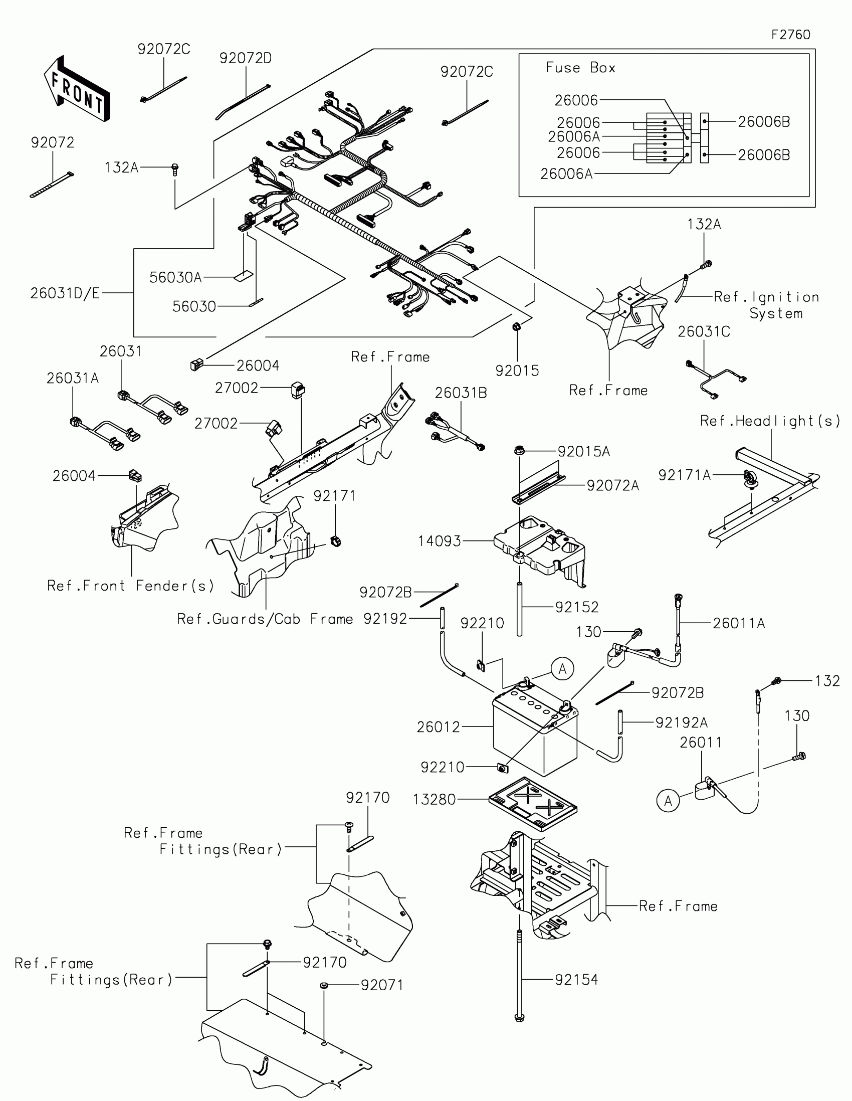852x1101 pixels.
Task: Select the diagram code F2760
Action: click(790, 35)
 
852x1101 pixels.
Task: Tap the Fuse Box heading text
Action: click(580, 68)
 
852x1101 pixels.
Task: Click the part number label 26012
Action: click(439, 727)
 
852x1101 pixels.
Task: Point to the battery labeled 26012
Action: click(534, 736)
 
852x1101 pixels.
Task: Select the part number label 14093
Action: click(440, 541)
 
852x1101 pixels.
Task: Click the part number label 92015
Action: click(517, 371)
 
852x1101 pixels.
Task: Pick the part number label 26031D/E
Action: click(65, 293)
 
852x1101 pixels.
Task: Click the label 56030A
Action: click(175, 277)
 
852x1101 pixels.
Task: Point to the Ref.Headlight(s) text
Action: click(770, 421)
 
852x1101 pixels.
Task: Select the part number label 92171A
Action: click(684, 475)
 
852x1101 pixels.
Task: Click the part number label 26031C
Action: click(703, 332)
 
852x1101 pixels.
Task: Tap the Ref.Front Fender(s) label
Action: click(130, 586)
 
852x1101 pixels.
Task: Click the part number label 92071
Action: click(382, 985)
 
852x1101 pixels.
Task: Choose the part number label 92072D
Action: click(246, 59)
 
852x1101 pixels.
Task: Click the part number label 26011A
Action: click(739, 624)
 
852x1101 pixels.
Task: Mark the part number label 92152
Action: click(577, 607)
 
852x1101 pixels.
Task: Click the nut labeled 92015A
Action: click(518, 450)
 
